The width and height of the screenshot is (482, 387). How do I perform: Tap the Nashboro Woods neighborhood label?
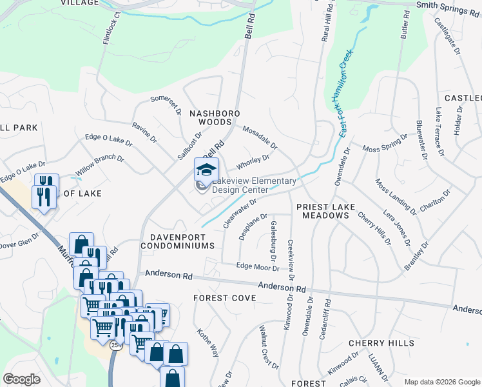tap(215, 117)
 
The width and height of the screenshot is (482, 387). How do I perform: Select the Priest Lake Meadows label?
tap(323, 211)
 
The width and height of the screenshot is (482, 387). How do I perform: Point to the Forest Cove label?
tap(225, 298)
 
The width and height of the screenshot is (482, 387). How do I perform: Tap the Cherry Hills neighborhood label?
tap(381, 343)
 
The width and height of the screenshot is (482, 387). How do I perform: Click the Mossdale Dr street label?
tap(260, 136)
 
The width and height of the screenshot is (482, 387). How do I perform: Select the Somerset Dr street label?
tap(166, 103)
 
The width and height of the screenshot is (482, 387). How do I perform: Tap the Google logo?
tap(22, 379)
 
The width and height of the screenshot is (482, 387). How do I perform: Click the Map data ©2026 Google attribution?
tap(441, 382)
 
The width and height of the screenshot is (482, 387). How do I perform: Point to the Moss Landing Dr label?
tap(395, 196)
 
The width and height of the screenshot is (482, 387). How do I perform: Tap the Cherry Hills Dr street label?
tap(374, 228)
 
